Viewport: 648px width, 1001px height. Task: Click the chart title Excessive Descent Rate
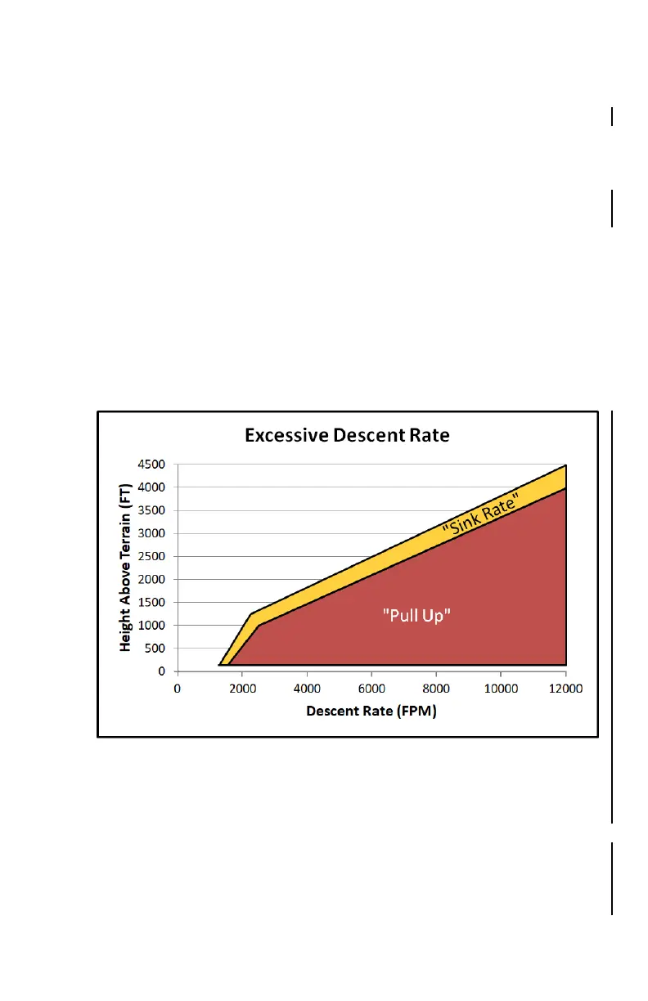point(347,435)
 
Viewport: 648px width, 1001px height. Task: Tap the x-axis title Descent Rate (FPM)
point(371,711)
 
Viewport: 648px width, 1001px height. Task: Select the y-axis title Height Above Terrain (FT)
point(126,566)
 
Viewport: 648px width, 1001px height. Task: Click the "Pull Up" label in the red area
point(417,616)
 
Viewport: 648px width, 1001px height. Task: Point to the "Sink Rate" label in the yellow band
point(481,518)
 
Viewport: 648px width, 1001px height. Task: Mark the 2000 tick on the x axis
point(242,689)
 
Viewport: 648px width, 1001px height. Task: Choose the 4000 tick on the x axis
point(307,689)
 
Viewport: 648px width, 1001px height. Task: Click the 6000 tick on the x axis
point(371,689)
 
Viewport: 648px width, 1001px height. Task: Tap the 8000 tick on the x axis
point(436,689)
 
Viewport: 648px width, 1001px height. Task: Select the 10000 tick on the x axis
point(501,689)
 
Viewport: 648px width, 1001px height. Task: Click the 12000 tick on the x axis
point(565,689)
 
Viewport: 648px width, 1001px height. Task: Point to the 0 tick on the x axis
point(178,689)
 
